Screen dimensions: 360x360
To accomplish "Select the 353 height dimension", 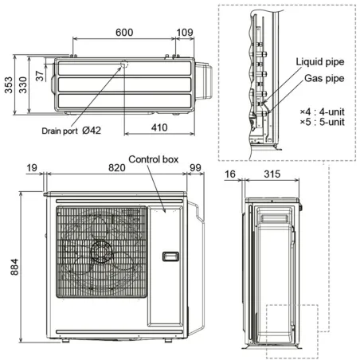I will pos(8,86).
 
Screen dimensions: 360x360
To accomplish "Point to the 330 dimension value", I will pos(23,86).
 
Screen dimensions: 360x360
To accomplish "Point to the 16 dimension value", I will pos(229,173).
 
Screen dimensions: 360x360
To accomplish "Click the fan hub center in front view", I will pos(102,252).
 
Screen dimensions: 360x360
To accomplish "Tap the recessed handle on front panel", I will pos(170,256).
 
